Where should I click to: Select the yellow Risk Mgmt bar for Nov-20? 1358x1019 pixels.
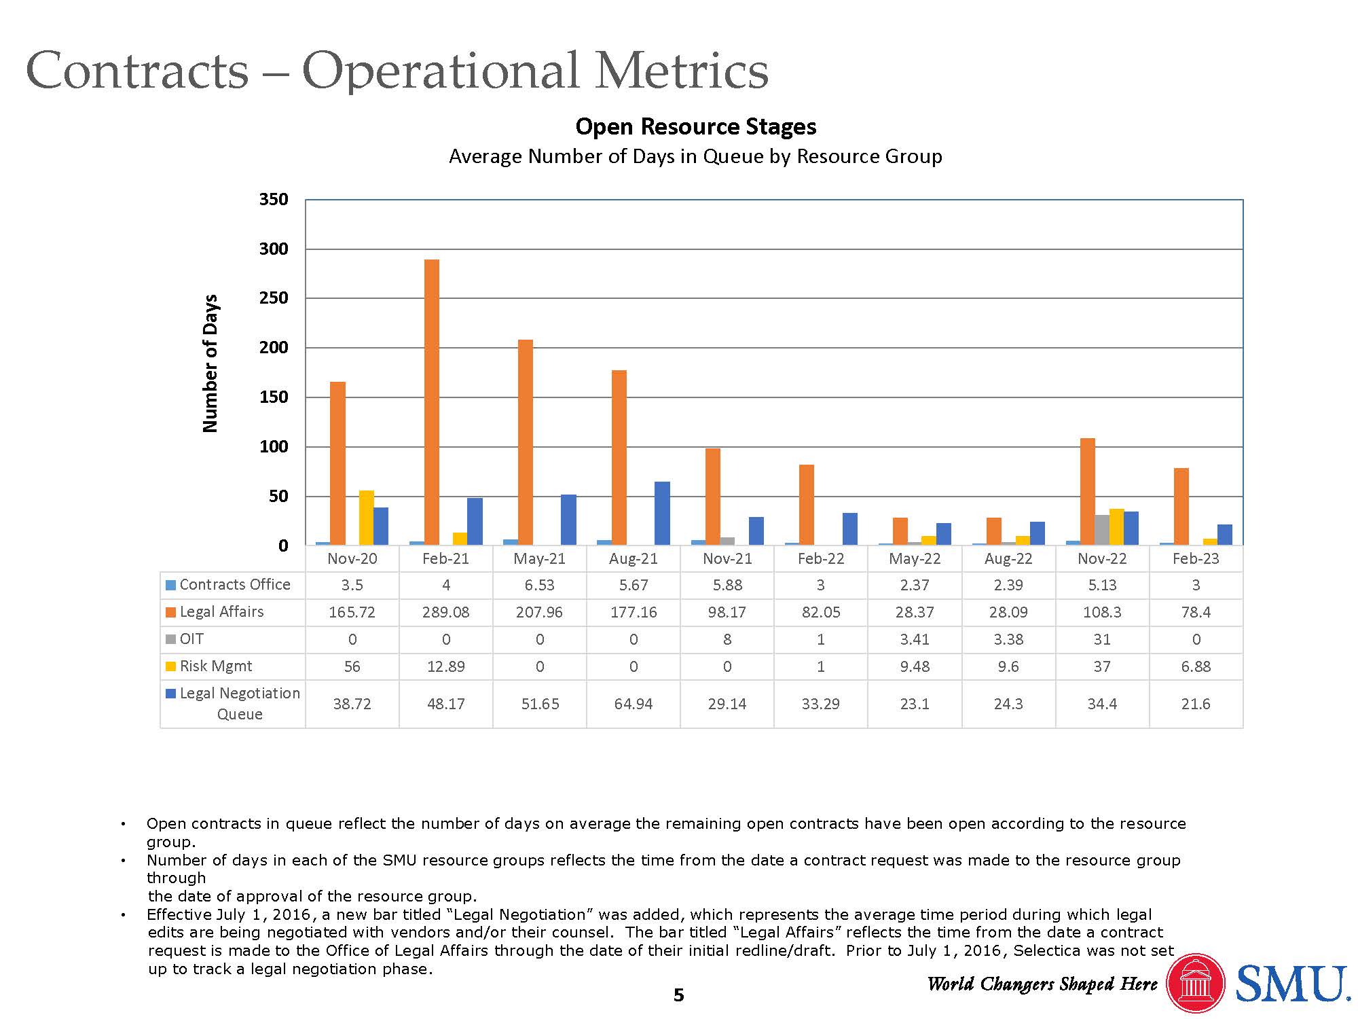point(367,518)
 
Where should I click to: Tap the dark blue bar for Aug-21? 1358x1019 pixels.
point(662,514)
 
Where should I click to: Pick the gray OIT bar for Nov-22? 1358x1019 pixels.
point(1102,531)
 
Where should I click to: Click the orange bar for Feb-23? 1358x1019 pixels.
point(1181,507)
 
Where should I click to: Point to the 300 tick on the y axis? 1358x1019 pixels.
point(274,249)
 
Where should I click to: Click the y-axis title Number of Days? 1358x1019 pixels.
point(210,363)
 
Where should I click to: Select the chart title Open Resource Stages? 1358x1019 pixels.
point(695,127)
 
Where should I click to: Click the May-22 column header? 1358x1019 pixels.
point(915,559)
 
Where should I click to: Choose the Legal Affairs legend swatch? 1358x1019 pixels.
point(171,612)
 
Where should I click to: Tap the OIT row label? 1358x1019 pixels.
point(191,639)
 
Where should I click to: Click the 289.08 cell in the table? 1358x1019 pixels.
point(445,612)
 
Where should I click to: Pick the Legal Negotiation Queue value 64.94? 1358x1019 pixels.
point(633,704)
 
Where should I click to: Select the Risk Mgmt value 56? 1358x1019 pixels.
point(352,666)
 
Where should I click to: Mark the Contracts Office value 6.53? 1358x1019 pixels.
point(539,585)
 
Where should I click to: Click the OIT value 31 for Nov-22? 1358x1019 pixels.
point(1102,639)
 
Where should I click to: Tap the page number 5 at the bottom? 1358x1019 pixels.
point(678,996)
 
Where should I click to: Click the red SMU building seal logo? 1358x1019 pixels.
point(1195,984)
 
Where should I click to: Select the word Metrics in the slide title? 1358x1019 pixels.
point(682,71)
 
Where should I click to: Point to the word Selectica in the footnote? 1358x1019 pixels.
point(1046,951)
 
